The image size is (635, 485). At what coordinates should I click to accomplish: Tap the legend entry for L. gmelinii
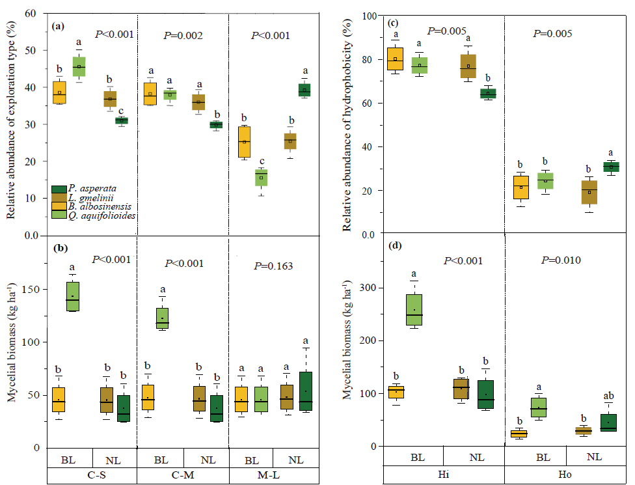[x=88, y=198]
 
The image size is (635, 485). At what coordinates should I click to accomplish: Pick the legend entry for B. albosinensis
[x=95, y=207]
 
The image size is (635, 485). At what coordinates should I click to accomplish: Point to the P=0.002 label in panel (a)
[x=183, y=36]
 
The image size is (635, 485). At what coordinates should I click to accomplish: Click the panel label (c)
[x=394, y=23]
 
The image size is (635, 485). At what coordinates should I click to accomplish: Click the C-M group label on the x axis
[x=183, y=475]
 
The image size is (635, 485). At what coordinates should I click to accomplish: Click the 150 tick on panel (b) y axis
[x=37, y=288]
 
